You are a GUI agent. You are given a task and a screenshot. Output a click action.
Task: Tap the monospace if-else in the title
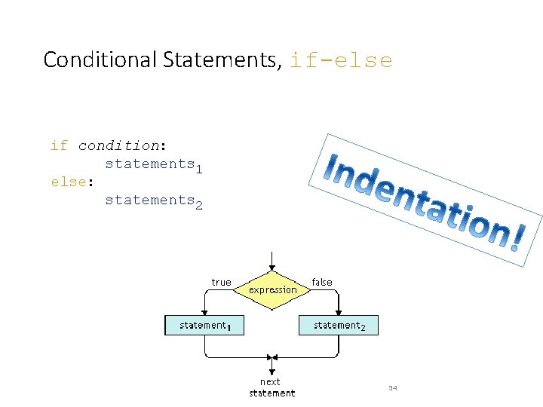click(341, 60)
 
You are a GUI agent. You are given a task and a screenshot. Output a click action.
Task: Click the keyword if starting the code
click(59, 145)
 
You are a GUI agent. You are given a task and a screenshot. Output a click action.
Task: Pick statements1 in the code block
click(154, 164)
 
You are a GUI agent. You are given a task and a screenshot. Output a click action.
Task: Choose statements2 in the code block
click(154, 200)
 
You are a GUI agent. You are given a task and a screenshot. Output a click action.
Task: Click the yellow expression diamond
click(273, 290)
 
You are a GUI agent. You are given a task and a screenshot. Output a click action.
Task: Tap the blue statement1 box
click(204, 325)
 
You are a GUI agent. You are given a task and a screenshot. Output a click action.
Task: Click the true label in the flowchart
click(221, 283)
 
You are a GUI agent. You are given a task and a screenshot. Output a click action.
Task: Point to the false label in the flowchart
click(322, 283)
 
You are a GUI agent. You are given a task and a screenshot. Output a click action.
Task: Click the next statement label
click(271, 387)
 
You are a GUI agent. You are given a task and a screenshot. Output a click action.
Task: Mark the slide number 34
click(392, 387)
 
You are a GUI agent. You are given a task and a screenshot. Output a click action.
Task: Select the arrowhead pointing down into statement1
click(204, 312)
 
